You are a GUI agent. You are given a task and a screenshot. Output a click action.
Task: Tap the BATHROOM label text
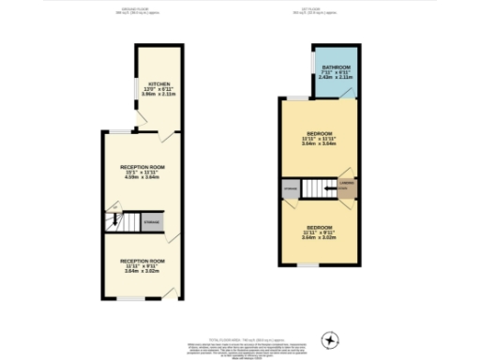click(337, 68)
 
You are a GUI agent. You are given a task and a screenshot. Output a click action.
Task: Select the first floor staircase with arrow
click(321, 191)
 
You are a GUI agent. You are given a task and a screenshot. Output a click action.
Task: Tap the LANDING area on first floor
click(347, 185)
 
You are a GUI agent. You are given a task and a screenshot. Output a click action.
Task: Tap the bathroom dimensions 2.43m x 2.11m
click(337, 80)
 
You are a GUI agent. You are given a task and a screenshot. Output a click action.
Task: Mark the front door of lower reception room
click(168, 295)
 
